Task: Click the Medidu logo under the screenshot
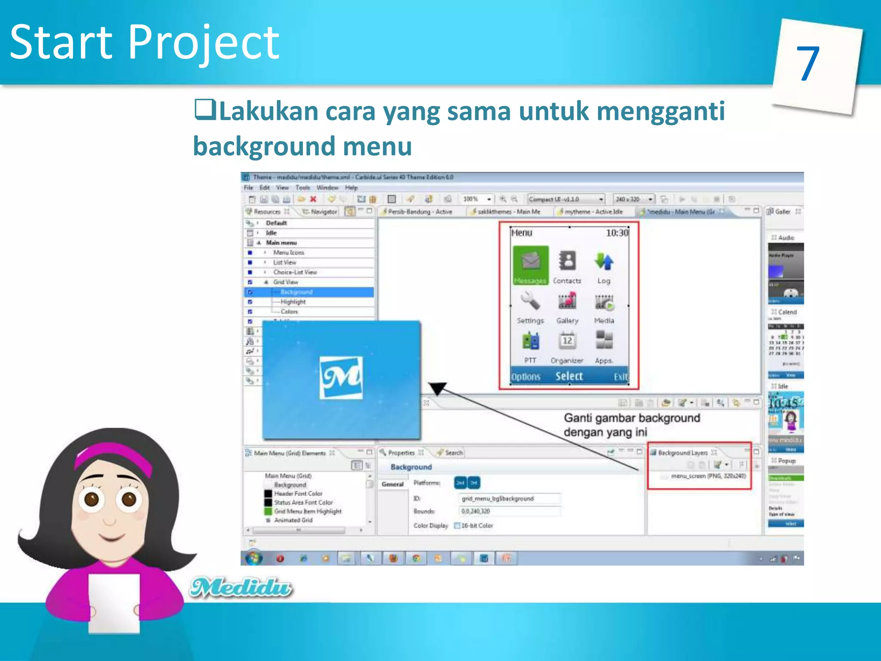(x=241, y=587)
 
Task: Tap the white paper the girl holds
(x=114, y=602)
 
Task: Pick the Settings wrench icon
(x=530, y=301)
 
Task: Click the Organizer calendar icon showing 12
(x=567, y=341)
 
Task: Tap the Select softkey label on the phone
(x=569, y=376)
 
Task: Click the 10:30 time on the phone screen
(x=617, y=233)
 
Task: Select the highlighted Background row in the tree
(x=296, y=292)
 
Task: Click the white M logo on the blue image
(x=341, y=377)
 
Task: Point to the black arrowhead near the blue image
(x=438, y=388)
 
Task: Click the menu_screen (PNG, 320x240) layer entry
(x=708, y=476)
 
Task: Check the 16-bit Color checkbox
(x=457, y=525)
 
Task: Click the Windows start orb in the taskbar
(x=254, y=558)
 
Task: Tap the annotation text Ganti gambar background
(x=631, y=418)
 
